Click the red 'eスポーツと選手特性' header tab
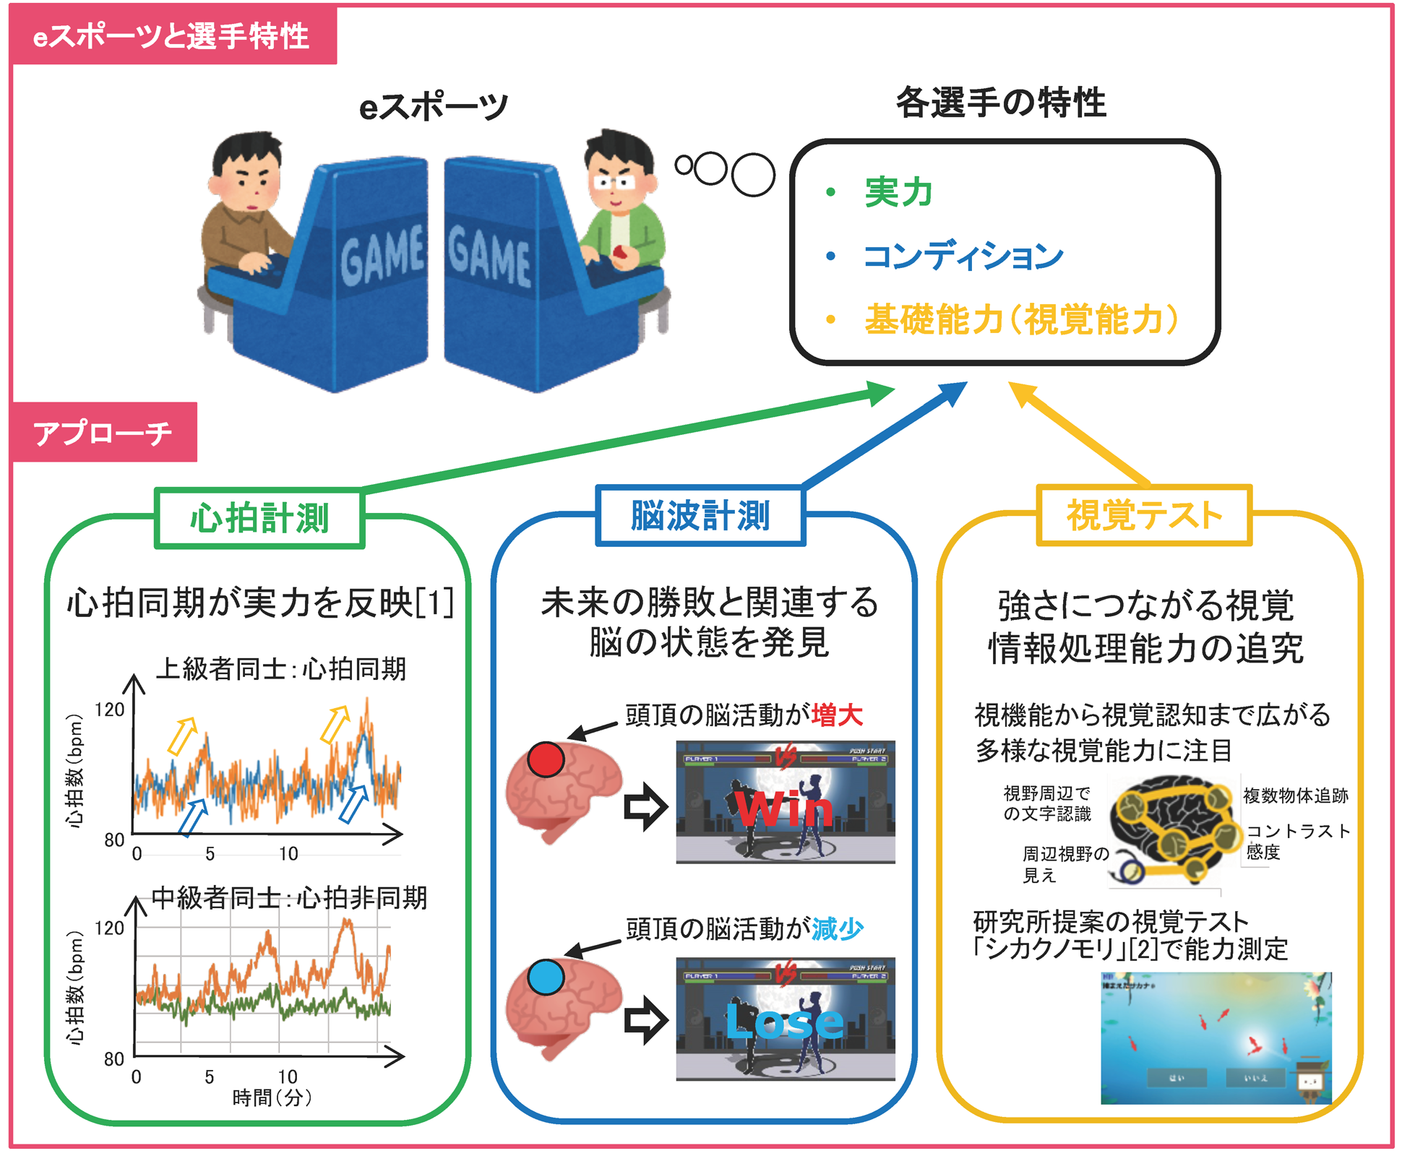tap(172, 36)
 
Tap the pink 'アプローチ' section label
tap(103, 433)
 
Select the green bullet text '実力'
tap(898, 192)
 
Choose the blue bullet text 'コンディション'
tap(963, 256)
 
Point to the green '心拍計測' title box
tap(259, 518)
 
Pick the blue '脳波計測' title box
tap(700, 516)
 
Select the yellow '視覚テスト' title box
tap(1144, 515)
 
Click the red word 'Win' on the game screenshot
tap(785, 809)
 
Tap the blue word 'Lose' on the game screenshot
tap(785, 1021)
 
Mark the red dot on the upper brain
tap(546, 759)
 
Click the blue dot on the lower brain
tap(546, 977)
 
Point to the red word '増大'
tap(838, 715)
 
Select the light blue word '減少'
tap(838, 928)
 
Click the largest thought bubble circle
tap(753, 174)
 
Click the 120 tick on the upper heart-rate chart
tap(110, 709)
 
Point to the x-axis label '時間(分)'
tap(272, 1098)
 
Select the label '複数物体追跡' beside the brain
tap(1295, 795)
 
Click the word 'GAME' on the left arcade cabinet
tap(382, 253)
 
